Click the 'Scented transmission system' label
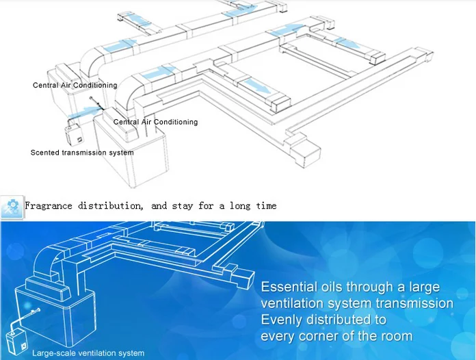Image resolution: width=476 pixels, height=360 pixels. pos(82,153)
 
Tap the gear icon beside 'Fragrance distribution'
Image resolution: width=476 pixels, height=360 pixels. pos(12,207)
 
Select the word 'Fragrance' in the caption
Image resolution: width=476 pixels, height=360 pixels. pos(49,205)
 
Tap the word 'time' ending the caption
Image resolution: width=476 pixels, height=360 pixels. pos(266,205)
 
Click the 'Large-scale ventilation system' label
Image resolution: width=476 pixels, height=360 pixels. pos(88,353)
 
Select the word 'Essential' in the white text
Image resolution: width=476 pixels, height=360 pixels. pos(289,287)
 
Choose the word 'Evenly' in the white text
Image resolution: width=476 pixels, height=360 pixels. pos(282,320)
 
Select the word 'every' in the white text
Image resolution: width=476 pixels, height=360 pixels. pos(278,336)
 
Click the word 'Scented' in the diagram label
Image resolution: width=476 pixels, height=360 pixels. pos(45,153)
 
